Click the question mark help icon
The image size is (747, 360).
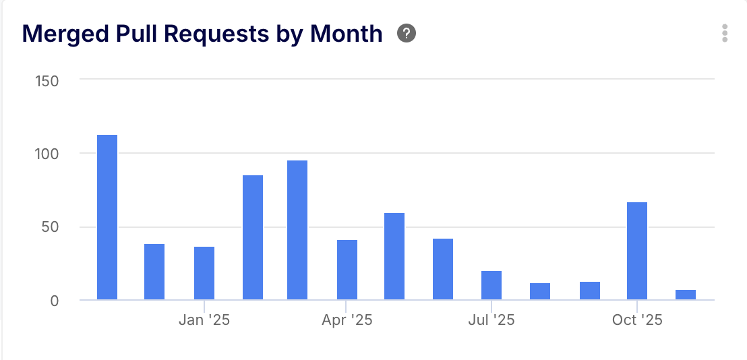tap(407, 33)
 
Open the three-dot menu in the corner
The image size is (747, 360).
tap(725, 33)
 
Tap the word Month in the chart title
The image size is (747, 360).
tap(347, 33)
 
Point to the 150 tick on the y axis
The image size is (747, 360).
tap(47, 81)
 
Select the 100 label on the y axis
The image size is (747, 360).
tap(47, 154)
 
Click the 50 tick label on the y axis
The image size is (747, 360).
tap(50, 227)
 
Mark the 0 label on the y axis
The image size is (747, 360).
tap(54, 300)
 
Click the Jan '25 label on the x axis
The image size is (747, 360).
tap(204, 320)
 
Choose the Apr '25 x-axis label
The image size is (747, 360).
tap(347, 320)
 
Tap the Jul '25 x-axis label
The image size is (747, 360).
tap(491, 320)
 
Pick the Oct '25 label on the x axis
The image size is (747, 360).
tap(637, 320)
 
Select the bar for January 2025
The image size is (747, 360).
tap(204, 273)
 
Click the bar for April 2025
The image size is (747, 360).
tap(347, 270)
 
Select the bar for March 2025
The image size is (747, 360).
tap(297, 230)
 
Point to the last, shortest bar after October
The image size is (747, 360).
tap(686, 295)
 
